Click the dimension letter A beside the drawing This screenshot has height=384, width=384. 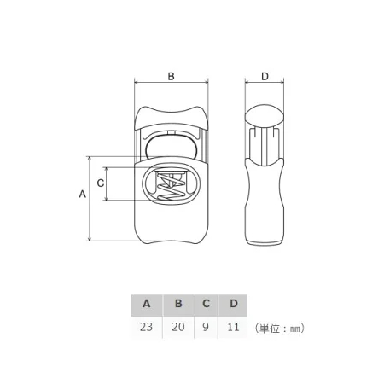click(82, 194)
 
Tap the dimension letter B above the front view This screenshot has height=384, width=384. click(171, 76)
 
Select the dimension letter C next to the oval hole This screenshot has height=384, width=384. click(100, 183)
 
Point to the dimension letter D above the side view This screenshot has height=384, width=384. click(265, 76)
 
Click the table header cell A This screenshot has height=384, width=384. click(147, 305)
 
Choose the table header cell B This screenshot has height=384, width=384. click(178, 305)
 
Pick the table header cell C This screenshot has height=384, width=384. click(207, 305)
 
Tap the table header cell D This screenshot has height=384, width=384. click(233, 305)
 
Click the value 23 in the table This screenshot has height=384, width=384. click(146, 327)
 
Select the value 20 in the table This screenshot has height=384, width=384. click(178, 327)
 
